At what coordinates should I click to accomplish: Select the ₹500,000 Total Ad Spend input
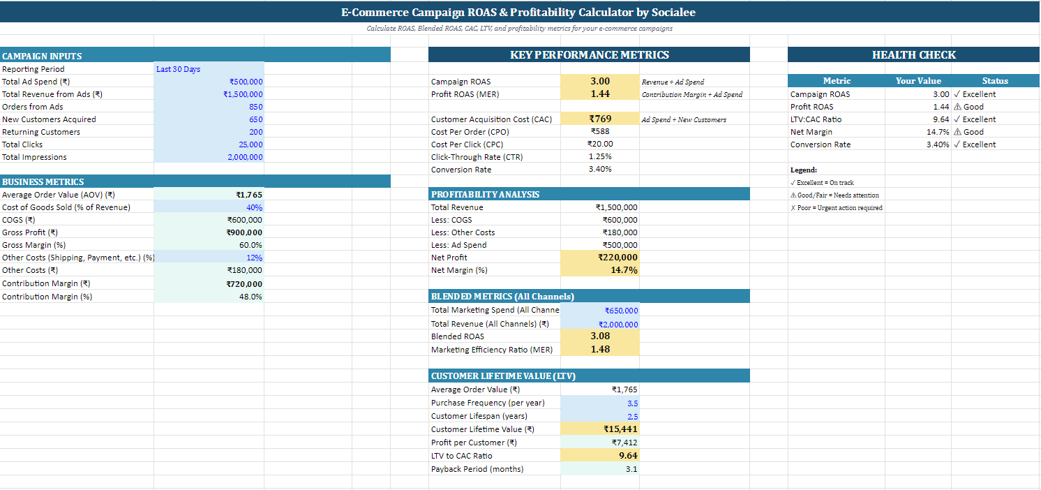click(x=246, y=82)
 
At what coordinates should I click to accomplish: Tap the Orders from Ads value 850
click(x=255, y=107)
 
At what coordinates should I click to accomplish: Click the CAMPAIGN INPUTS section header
click(x=42, y=56)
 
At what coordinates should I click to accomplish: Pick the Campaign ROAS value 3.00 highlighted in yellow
click(x=600, y=81)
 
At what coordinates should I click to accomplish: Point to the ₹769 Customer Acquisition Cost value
click(x=600, y=119)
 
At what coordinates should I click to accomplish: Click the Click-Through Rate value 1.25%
click(x=600, y=156)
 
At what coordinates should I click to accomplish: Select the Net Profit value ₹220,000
click(x=617, y=258)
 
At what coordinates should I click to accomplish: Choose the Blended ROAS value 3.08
click(x=600, y=336)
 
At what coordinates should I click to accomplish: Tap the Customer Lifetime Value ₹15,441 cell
click(x=620, y=429)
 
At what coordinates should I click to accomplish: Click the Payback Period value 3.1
click(x=631, y=469)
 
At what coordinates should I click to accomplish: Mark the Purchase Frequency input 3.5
click(x=633, y=403)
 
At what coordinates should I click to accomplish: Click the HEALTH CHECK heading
click(x=913, y=55)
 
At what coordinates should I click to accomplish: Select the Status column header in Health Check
click(x=995, y=81)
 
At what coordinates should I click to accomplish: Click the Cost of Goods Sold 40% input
click(x=254, y=207)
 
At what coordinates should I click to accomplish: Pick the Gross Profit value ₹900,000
click(x=244, y=232)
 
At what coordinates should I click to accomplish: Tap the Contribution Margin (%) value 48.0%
click(x=250, y=297)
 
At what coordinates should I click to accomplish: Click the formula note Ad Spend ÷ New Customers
click(x=684, y=120)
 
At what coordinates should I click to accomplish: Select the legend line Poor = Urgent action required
click(x=836, y=208)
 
